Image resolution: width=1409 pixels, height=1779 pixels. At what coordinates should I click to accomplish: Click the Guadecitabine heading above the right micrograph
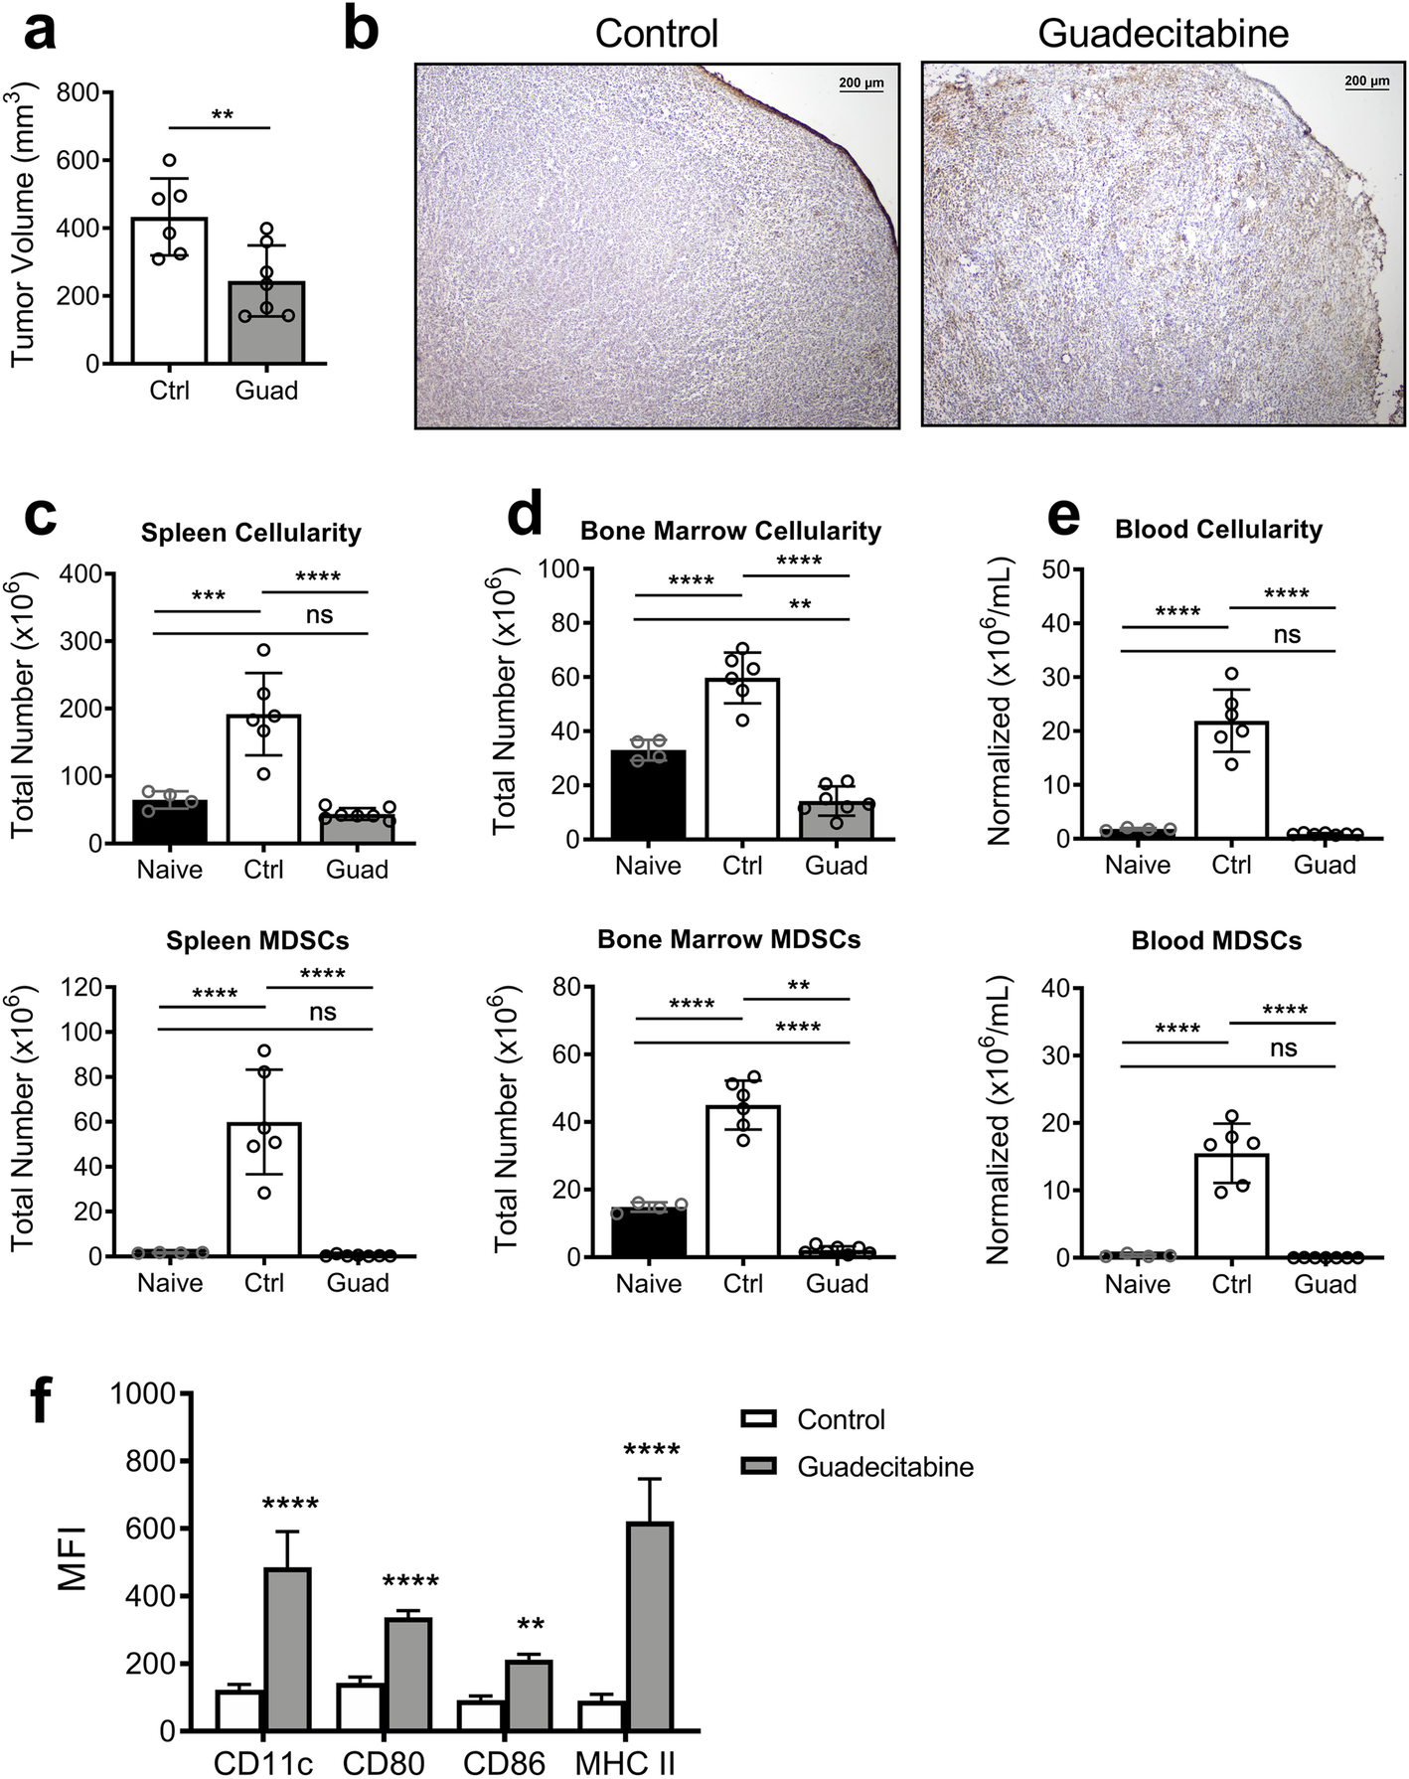pyautogui.click(x=1163, y=34)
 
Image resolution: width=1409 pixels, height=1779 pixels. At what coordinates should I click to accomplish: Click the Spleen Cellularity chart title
pyautogui.click(x=250, y=533)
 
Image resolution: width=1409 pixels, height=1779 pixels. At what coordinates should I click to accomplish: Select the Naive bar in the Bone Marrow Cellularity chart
pyautogui.click(x=648, y=794)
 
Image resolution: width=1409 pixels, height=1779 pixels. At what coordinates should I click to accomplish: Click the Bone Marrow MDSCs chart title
pyautogui.click(x=728, y=940)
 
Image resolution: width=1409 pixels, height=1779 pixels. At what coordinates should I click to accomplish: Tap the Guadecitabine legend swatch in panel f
pyautogui.click(x=759, y=1466)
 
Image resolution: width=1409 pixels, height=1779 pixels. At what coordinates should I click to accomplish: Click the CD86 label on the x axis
pyautogui.click(x=504, y=1763)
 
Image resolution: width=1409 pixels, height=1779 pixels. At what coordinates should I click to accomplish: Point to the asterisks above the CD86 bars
pyautogui.click(x=531, y=1626)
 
